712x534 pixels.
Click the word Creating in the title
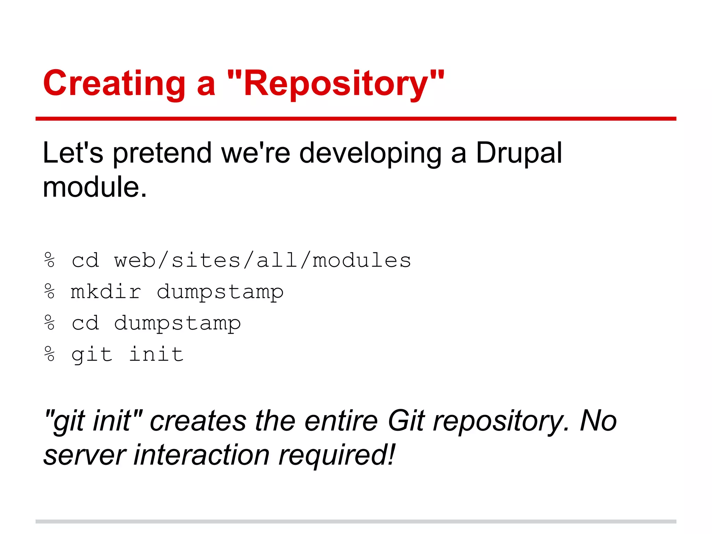tap(114, 83)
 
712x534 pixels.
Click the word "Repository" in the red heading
tap(335, 83)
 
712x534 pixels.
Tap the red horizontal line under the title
tap(356, 119)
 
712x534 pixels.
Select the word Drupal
tap(519, 153)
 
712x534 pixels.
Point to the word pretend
tap(162, 153)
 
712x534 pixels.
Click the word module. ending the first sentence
tap(95, 187)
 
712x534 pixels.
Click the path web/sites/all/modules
tap(262, 260)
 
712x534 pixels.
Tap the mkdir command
tap(106, 292)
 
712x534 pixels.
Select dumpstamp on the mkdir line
tap(220, 292)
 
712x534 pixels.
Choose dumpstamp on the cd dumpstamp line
tap(177, 323)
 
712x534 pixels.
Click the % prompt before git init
tap(50, 354)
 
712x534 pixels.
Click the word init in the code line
tap(156, 354)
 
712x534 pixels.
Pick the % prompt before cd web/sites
tap(50, 260)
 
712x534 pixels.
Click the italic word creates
tap(198, 421)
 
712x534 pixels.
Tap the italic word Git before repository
tap(406, 421)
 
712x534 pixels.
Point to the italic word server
tap(84, 455)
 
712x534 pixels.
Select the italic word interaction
tap(202, 455)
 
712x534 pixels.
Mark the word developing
tap(371, 153)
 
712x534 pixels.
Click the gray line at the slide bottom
tap(356, 521)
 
